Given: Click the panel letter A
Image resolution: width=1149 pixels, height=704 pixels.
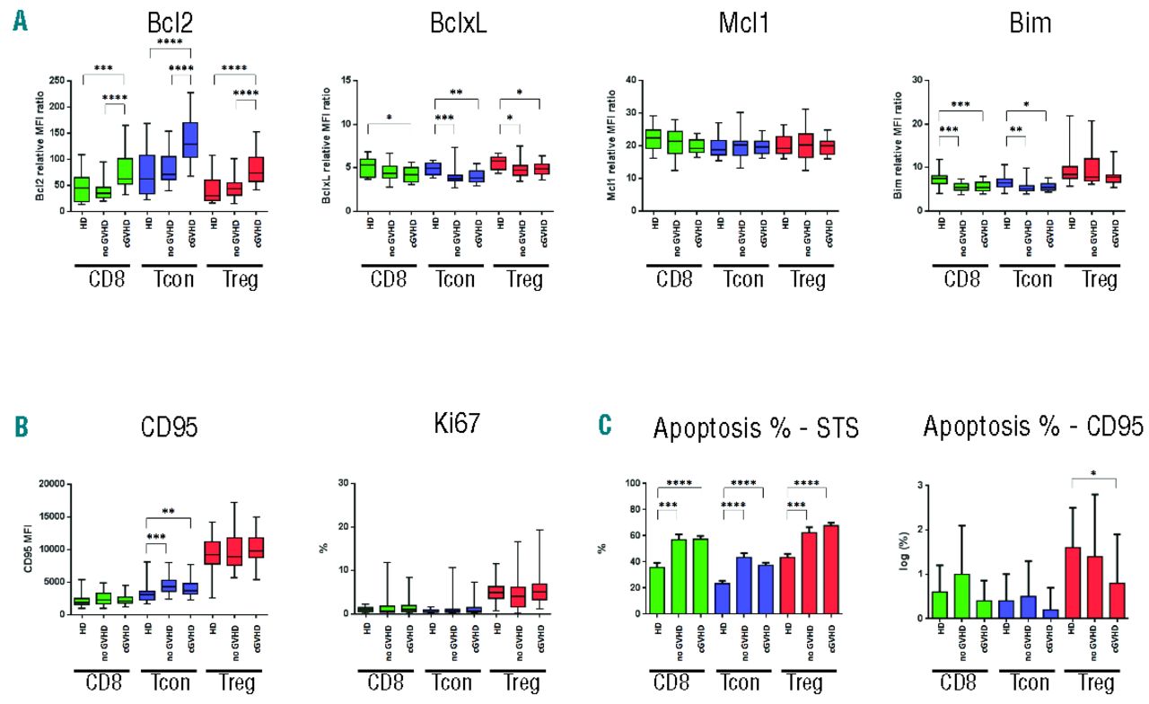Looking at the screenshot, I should point(20,22).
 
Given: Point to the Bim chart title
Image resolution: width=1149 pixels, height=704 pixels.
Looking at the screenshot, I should point(1014,23).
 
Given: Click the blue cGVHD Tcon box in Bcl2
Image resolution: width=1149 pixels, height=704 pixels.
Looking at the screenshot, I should point(190,127).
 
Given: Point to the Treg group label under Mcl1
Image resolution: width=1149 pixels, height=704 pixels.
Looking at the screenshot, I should point(808,280).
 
